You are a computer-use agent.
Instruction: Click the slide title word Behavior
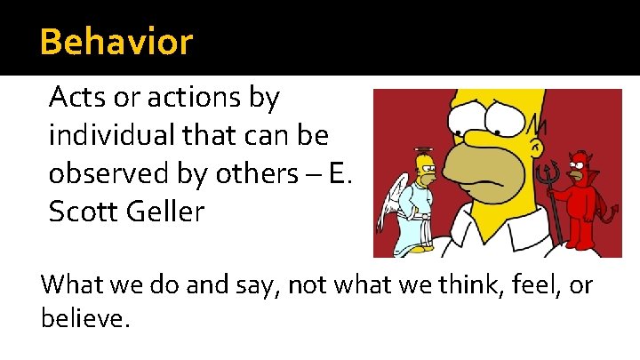(116, 42)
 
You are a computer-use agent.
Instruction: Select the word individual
(106, 135)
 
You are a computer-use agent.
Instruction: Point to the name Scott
(82, 213)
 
